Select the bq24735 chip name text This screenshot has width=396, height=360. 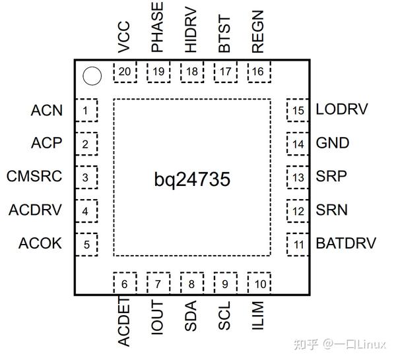[x=192, y=178]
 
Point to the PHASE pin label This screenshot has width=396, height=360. [x=158, y=28]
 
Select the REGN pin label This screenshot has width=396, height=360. [x=258, y=33]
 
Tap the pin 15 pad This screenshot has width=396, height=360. [x=298, y=110]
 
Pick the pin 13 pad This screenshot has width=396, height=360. [x=298, y=177]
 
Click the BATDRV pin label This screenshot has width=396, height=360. [x=346, y=243]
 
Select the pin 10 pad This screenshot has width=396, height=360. [x=259, y=284]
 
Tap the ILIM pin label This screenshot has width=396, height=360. [x=258, y=316]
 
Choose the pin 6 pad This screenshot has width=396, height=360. [x=124, y=284]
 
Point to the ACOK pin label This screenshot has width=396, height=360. [x=40, y=243]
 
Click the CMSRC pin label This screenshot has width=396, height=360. [x=34, y=177]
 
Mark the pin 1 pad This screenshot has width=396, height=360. [x=86, y=110]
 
